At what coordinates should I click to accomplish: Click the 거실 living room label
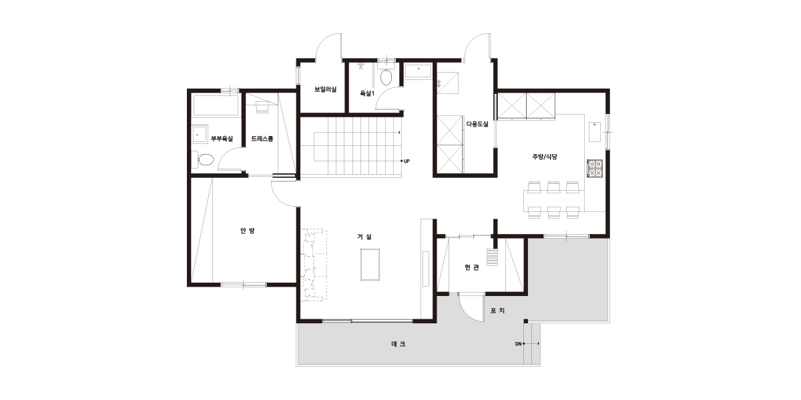364,237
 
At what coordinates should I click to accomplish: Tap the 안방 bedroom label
247,231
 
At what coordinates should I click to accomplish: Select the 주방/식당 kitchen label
545,157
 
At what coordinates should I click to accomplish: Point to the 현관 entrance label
472,267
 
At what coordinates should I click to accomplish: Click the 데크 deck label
398,344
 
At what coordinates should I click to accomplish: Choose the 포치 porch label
497,311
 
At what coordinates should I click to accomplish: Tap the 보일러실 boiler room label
326,89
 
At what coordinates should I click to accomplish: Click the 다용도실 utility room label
477,124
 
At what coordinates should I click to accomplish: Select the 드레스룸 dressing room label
262,139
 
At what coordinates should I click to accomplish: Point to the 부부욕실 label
222,139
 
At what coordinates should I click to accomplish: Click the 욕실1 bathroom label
367,93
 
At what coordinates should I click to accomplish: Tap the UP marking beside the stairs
407,161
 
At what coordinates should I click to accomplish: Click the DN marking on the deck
518,344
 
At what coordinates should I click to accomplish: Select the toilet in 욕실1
386,74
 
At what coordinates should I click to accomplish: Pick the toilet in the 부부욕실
203,159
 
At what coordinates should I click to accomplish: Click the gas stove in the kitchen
595,169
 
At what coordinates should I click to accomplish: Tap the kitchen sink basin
595,131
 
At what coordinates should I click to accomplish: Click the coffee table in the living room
370,265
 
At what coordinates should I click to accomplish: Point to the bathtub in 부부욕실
216,105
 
